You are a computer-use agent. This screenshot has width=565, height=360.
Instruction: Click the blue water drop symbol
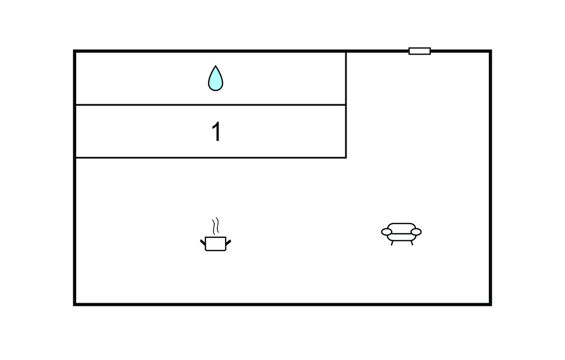point(216,78)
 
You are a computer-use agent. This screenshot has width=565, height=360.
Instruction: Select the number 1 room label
point(216,131)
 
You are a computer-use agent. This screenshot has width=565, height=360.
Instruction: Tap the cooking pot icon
point(216,235)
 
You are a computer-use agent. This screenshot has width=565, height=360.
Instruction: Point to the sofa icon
point(402,234)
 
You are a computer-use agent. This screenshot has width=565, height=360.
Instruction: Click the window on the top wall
point(419,51)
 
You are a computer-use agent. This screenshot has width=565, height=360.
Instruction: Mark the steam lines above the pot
point(216,226)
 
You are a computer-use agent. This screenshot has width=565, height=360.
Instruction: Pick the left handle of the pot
point(203,242)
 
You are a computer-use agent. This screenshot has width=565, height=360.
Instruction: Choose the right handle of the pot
point(228,242)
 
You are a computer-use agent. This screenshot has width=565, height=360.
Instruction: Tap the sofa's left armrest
point(387,232)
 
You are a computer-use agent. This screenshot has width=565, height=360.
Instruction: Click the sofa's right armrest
point(416,232)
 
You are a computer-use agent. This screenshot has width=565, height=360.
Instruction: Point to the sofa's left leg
point(392,243)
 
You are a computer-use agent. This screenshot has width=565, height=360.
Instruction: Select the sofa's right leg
point(412,243)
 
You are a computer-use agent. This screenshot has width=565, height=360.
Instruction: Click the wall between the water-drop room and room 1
point(210,105)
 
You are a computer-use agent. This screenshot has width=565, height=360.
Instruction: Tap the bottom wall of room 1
point(210,157)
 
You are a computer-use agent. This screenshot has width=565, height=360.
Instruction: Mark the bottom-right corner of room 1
point(346,157)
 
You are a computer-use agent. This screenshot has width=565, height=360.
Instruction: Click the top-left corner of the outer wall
point(74,51)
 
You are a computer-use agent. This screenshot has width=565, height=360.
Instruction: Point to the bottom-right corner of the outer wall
point(491,305)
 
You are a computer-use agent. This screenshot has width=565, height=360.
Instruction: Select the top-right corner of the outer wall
point(491,51)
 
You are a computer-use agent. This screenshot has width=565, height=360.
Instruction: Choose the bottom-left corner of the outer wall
point(74,305)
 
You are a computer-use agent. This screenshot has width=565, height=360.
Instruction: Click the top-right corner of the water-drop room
point(346,51)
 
